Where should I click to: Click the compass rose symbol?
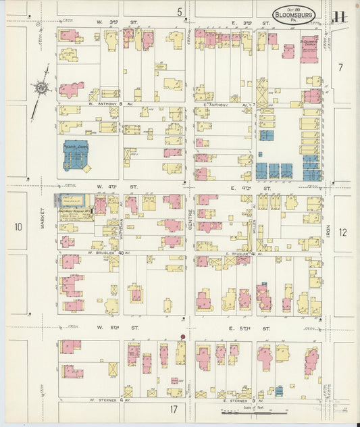tap(41, 86)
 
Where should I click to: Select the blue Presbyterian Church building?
tap(78, 155)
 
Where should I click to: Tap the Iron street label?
tap(328, 232)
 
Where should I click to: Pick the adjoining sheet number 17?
tap(174, 409)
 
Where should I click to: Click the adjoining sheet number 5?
tap(180, 11)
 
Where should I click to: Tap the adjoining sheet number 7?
tap(340, 68)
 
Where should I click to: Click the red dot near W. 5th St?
tap(182, 336)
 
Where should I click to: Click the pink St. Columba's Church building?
tap(309, 49)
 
